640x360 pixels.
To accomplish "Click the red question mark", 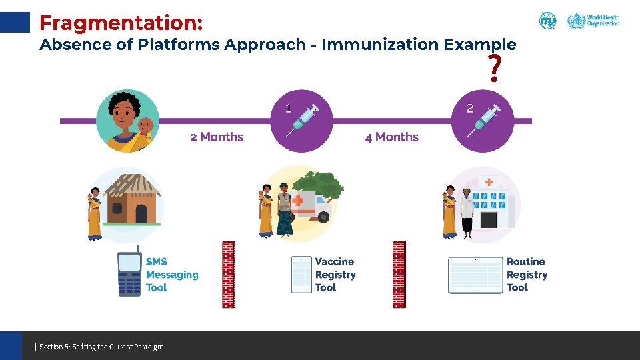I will click(x=494, y=69).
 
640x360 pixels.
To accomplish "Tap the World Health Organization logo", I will click(x=593, y=21).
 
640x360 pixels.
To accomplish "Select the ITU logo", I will click(x=547, y=21).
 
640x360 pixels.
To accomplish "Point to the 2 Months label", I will click(x=217, y=137).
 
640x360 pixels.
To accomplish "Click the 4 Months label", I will click(x=392, y=137).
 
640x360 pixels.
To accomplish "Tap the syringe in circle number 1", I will click(x=303, y=121).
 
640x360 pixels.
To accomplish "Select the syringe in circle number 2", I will click(x=485, y=121).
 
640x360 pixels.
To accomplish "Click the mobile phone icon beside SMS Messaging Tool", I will click(x=129, y=274).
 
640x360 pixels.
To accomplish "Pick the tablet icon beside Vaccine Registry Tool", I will click(x=301, y=274).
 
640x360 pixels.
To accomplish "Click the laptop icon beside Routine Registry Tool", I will click(x=475, y=275).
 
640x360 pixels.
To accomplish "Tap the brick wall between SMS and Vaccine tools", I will click(x=229, y=274).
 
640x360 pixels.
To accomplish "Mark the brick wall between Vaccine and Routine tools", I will click(x=399, y=274).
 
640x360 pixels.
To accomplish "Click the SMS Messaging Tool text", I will click(x=172, y=275).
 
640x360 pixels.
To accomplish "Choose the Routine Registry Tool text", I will click(x=527, y=275).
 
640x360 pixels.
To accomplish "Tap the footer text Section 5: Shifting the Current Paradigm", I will click(x=100, y=346).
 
